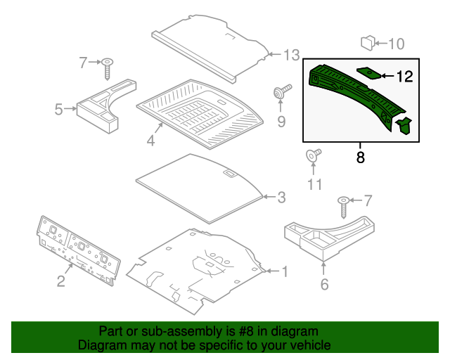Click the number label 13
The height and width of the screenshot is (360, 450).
coord(292,54)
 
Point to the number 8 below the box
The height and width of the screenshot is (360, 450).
coord(361,158)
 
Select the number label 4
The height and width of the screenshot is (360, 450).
coord(150,141)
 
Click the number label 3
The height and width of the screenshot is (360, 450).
coord(281,198)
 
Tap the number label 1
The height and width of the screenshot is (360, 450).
coord(285,271)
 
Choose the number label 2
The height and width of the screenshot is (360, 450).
coord(61,281)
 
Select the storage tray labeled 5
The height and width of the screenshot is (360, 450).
coord(102,105)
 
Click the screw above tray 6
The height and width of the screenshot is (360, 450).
coord(344,207)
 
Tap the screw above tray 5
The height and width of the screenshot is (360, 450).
coord(108,68)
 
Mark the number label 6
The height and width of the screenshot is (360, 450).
coord(324,285)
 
